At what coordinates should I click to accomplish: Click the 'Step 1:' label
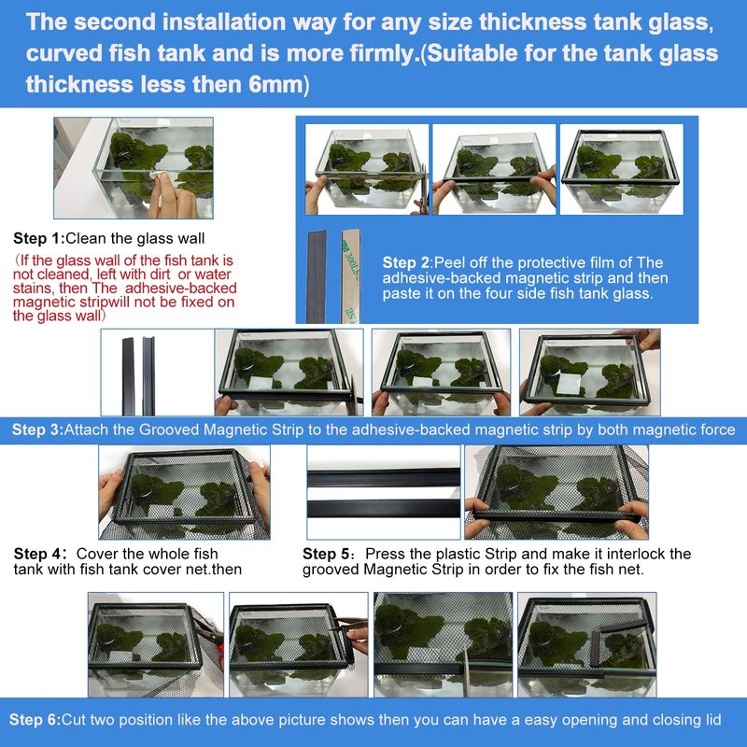(x=38, y=238)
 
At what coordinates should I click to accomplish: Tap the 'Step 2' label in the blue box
(x=406, y=262)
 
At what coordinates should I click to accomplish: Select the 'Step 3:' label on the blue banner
(x=37, y=430)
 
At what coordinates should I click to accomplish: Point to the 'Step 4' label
(x=37, y=554)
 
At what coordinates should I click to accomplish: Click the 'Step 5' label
(x=326, y=554)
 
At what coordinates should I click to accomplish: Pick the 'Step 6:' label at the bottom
(x=35, y=719)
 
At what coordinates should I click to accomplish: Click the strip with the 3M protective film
(x=351, y=276)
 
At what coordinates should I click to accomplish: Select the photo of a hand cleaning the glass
(x=134, y=168)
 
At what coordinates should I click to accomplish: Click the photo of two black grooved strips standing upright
(x=157, y=372)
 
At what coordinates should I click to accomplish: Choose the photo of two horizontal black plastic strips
(x=384, y=492)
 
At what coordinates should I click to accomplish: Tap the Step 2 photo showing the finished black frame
(x=621, y=169)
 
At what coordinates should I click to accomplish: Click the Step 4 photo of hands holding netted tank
(x=184, y=492)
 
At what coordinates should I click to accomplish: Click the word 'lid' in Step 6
(x=713, y=719)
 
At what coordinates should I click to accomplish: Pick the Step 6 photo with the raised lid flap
(x=587, y=644)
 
